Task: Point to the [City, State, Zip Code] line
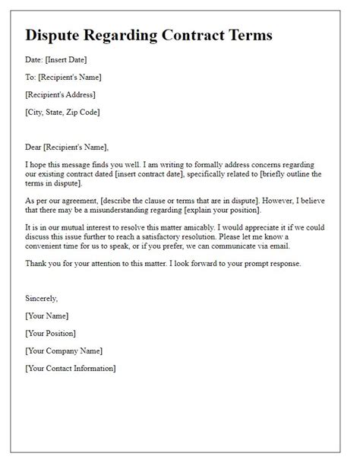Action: pyautogui.click(x=62, y=112)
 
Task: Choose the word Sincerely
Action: pyautogui.click(x=42, y=299)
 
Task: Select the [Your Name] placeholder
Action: pyautogui.click(x=47, y=316)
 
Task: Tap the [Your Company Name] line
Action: pyautogui.click(x=64, y=350)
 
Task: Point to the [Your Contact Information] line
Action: pyautogui.click(x=71, y=368)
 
